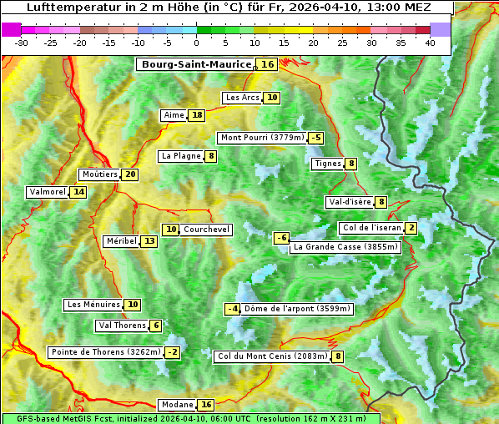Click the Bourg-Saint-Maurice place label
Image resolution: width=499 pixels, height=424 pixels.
tap(196, 64)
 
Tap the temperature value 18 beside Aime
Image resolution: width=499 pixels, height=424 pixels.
tap(196, 115)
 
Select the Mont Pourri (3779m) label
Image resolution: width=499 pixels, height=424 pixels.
tap(261, 138)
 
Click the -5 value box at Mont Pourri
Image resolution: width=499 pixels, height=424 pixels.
tap(315, 138)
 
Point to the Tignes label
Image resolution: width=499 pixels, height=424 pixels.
tap(326, 164)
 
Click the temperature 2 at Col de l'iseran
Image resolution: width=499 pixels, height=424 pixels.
tap(411, 228)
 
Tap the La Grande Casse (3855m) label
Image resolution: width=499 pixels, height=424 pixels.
tap(345, 247)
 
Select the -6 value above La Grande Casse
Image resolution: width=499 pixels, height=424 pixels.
tap(282, 238)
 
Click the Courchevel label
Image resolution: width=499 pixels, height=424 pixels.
tap(205, 230)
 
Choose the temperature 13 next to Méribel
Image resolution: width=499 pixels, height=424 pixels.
tap(149, 241)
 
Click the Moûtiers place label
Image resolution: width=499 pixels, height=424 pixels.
tap(99, 174)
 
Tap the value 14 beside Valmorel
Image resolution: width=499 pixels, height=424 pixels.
tap(78, 192)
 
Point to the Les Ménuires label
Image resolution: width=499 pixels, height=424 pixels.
tap(93, 305)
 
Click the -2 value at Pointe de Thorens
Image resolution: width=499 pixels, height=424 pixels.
tap(172, 352)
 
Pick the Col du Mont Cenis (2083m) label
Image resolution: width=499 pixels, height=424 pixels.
tap(271, 356)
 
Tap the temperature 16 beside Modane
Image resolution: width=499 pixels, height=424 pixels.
tap(206, 405)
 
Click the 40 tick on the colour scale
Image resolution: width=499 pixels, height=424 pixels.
tap(430, 43)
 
